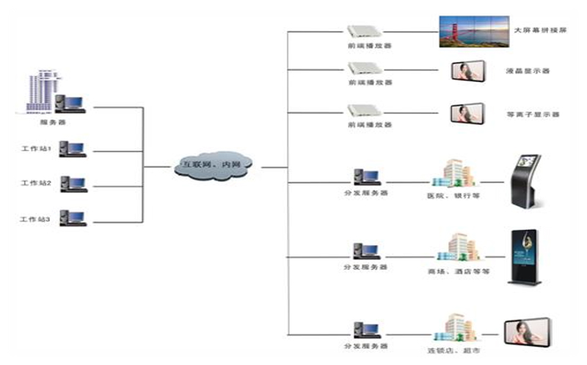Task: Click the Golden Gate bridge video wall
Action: (473, 32)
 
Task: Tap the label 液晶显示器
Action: (528, 71)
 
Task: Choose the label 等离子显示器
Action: (533, 115)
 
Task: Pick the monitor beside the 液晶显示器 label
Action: (466, 71)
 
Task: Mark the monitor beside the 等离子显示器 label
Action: (466, 115)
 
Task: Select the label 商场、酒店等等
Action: (453, 270)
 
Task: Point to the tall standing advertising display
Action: (525, 255)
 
